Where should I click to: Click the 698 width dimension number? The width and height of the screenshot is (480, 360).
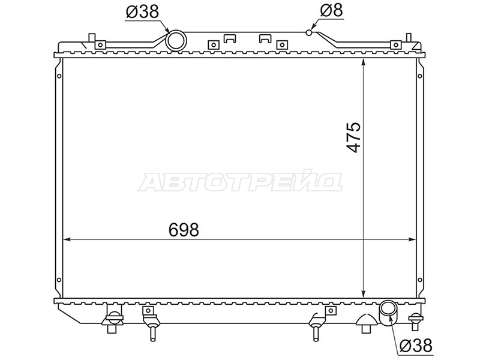(x=184, y=230)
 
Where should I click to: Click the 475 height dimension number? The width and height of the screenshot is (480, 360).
(x=353, y=137)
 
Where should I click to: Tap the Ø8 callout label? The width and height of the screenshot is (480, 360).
(x=332, y=10)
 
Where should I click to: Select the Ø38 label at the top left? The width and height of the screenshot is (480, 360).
(x=142, y=11)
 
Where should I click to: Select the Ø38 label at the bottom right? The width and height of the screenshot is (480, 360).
(x=416, y=346)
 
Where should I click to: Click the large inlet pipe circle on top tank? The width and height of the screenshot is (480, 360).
(x=176, y=40)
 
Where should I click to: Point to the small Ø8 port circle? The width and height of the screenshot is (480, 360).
(x=309, y=32)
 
